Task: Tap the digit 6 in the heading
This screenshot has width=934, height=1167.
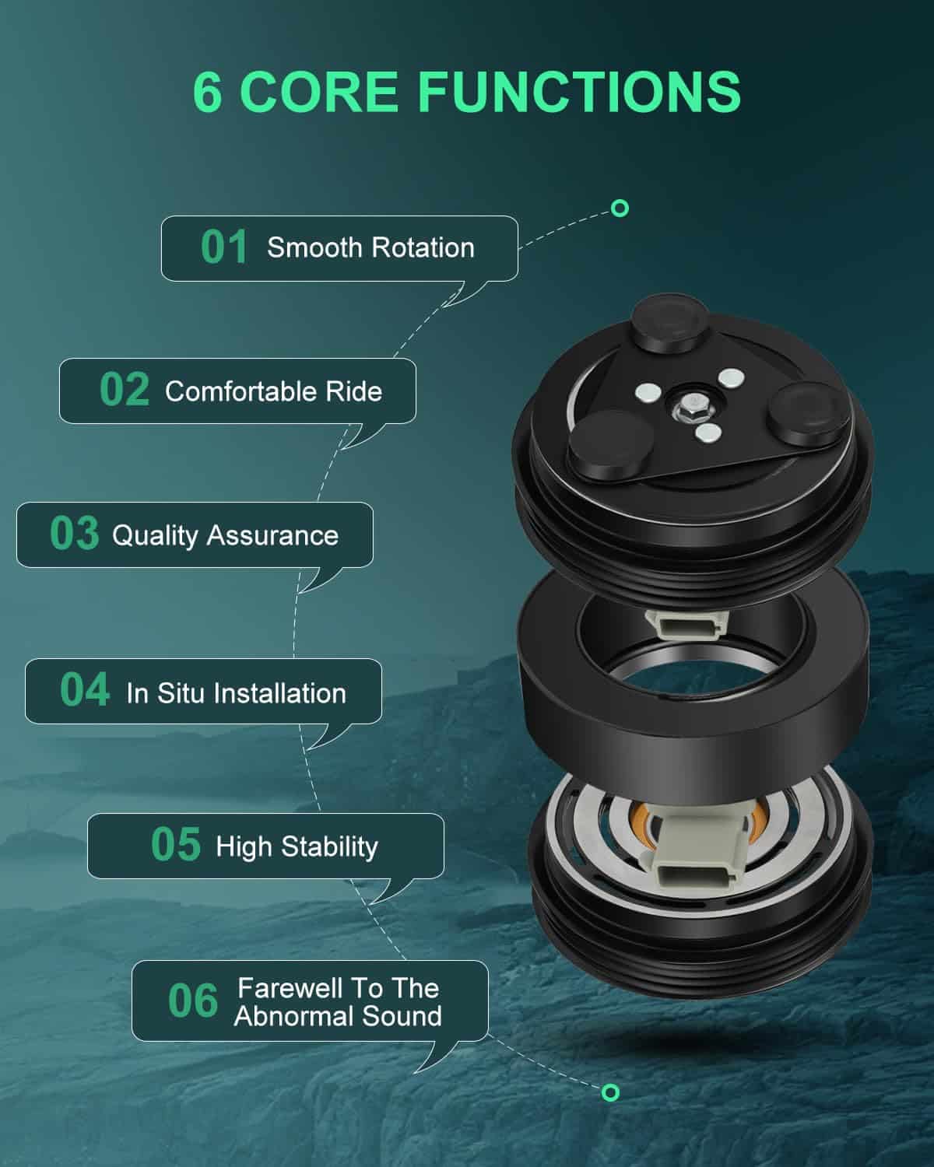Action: click(207, 92)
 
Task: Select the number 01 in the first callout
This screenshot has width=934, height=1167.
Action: click(224, 247)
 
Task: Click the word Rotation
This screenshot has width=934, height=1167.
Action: click(423, 248)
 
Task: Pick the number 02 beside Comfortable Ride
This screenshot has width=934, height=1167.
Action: click(125, 389)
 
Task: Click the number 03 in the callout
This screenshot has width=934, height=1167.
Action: click(75, 533)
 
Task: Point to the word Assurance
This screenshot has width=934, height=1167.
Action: click(272, 536)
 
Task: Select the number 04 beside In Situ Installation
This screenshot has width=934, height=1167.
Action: click(85, 689)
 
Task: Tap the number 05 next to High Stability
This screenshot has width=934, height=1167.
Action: click(176, 844)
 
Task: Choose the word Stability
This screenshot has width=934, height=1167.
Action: click(329, 847)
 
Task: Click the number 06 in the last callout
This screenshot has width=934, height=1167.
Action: click(193, 1001)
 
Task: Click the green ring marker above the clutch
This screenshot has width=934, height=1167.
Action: click(620, 209)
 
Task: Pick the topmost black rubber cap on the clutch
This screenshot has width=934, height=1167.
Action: click(671, 324)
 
